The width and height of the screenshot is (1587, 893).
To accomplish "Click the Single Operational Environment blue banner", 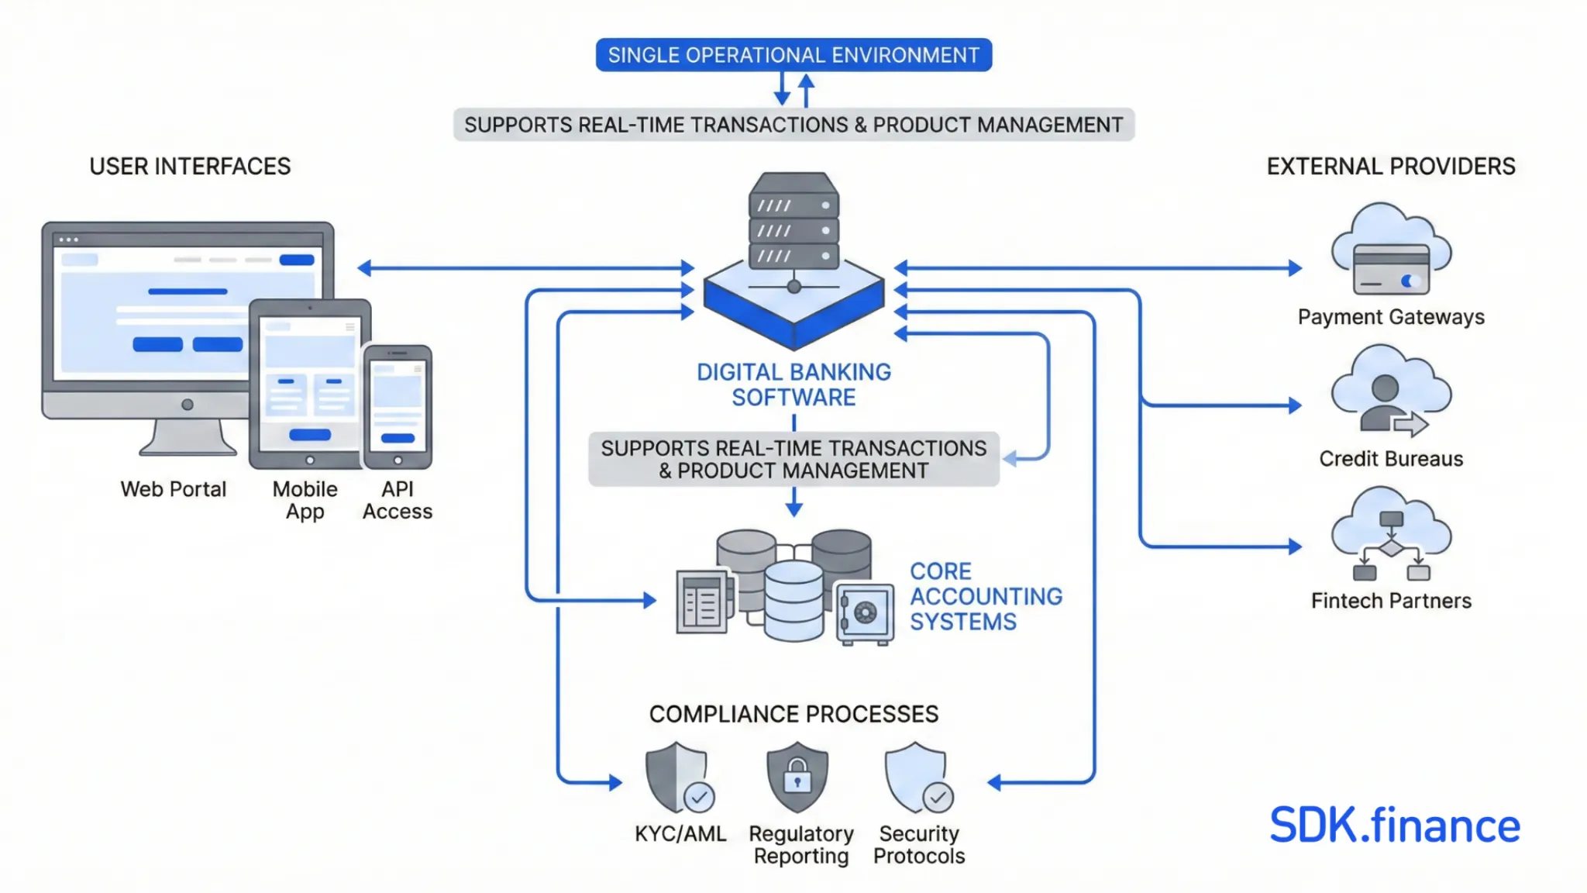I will tap(793, 55).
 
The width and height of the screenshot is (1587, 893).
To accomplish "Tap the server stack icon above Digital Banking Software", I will tap(793, 222).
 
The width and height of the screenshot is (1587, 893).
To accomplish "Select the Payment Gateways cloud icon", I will tap(1391, 252).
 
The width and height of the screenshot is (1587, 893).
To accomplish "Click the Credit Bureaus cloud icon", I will tap(1391, 391).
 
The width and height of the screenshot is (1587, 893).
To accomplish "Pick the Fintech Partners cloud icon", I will tap(1391, 535).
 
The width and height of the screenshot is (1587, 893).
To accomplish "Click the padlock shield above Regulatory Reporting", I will tap(797, 777).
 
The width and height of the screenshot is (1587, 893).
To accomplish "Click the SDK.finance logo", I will tap(1394, 826).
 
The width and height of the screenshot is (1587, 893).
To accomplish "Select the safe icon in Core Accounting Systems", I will tap(864, 613).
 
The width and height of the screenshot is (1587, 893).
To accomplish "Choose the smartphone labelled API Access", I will tap(398, 407).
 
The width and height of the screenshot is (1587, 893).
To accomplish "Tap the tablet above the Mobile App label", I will tap(309, 384).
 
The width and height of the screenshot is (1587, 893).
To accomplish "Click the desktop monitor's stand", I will tap(188, 438).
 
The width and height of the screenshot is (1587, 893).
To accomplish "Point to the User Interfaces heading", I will tap(190, 167).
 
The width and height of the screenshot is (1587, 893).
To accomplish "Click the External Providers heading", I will tap(1391, 167).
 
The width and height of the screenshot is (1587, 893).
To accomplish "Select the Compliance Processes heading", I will tap(793, 714).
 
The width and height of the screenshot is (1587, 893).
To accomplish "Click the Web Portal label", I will tap(174, 489).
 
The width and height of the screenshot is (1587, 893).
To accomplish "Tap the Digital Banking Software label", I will tap(793, 384).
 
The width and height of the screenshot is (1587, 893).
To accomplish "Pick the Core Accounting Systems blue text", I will tap(985, 596).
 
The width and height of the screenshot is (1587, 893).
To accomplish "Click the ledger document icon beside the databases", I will tap(702, 602).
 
